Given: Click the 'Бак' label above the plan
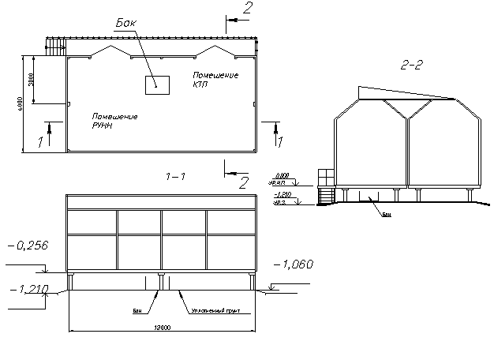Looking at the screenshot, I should click(x=126, y=23).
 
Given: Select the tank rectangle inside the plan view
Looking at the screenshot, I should click(x=155, y=84).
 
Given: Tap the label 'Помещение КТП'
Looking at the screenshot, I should click(x=216, y=79).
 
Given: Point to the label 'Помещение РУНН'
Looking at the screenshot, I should click(x=114, y=121).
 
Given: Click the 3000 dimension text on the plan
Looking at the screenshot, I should click(x=31, y=80).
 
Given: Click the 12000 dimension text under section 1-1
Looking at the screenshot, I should click(x=163, y=327).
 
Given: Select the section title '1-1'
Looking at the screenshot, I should click(x=175, y=175).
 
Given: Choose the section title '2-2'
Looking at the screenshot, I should click(x=413, y=66).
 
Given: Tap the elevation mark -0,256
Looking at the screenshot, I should click(x=28, y=245).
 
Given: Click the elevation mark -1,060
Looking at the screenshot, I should click(x=292, y=264).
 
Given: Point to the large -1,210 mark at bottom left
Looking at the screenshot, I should click(x=28, y=289).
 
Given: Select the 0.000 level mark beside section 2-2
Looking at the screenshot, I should click(x=280, y=176).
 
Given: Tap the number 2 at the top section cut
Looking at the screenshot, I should click(x=247, y=9).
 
